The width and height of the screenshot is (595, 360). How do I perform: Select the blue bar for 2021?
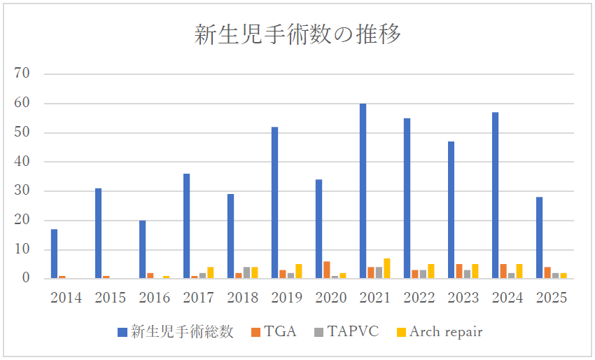pyautogui.click(x=363, y=191)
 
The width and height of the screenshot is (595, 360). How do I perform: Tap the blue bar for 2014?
pyautogui.click(x=54, y=254)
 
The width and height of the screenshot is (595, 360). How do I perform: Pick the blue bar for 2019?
pyautogui.click(x=274, y=202)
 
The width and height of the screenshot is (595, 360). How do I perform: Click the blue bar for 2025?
pyautogui.click(x=539, y=237)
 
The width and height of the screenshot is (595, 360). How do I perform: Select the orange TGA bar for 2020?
pyautogui.click(x=327, y=270)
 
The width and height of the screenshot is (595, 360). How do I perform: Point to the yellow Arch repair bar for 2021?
pyautogui.click(x=386, y=268)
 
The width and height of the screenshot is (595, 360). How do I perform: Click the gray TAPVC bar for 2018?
pyautogui.click(x=246, y=272)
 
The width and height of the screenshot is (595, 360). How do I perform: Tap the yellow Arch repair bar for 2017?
pyautogui.click(x=210, y=272)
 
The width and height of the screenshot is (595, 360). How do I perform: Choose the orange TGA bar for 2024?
pyautogui.click(x=503, y=271)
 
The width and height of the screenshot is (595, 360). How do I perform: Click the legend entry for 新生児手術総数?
pyautogui.click(x=176, y=331)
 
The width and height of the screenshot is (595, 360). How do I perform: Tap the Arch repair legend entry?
pyautogui.click(x=439, y=331)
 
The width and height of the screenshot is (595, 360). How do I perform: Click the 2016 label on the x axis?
pyautogui.click(x=154, y=298)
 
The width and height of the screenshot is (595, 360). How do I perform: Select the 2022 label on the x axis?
pyautogui.click(x=419, y=298)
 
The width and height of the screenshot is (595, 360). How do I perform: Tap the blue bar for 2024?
pyautogui.click(x=495, y=195)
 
